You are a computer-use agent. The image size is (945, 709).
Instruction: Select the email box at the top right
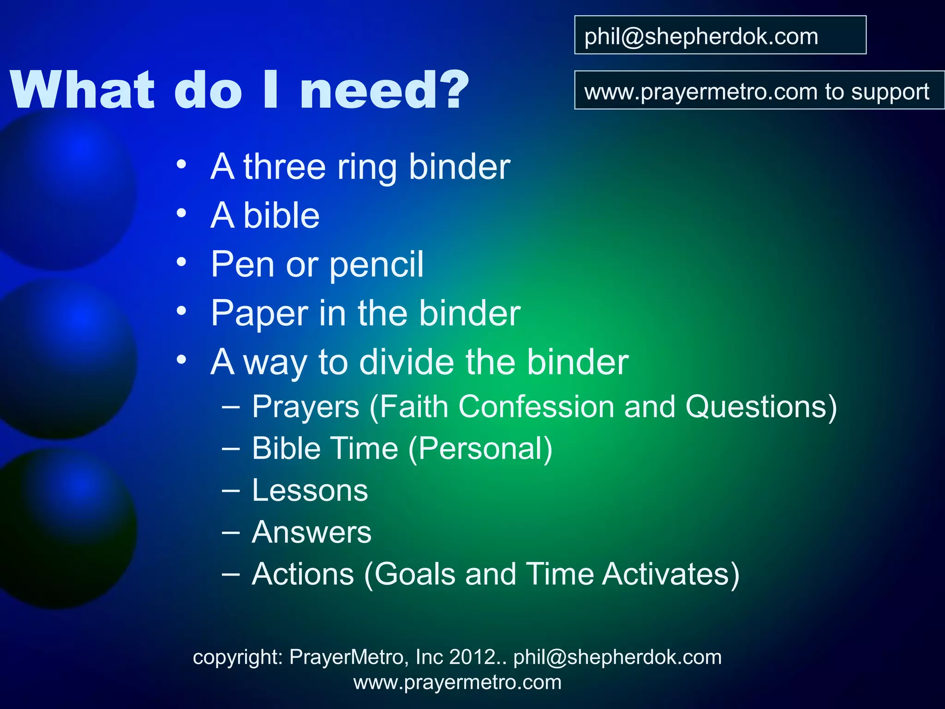coord(720,36)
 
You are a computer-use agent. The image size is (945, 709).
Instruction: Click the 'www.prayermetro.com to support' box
coord(759,90)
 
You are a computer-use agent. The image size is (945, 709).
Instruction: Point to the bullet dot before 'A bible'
coord(181,213)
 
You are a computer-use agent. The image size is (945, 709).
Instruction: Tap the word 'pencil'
coord(377,264)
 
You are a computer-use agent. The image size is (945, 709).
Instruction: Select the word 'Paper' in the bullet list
coord(259,314)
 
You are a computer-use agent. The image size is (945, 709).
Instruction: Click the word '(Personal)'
coord(480,449)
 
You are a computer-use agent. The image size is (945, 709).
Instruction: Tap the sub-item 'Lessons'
coord(310,490)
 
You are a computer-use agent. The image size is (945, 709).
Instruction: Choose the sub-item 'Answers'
coord(311,532)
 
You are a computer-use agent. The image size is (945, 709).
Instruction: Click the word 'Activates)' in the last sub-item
coord(671,574)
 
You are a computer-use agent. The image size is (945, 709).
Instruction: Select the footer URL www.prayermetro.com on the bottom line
coord(457,682)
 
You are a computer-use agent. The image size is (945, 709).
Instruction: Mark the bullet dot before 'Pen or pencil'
coord(181,262)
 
